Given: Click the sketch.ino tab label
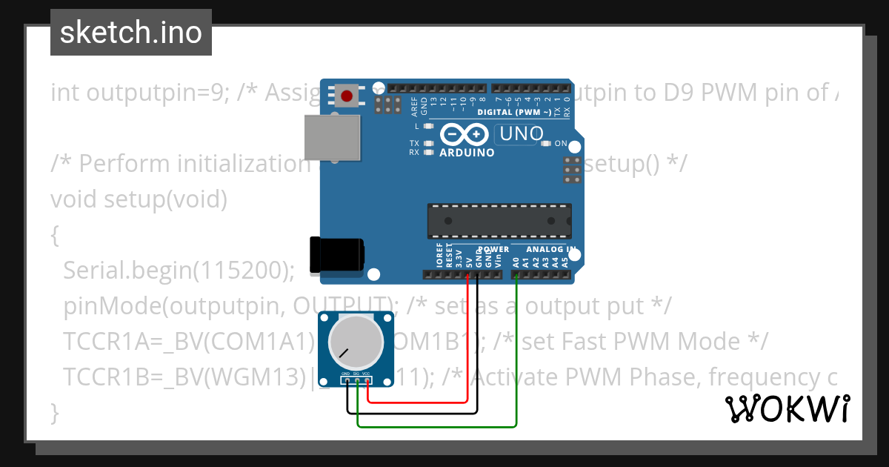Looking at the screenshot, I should click(130, 33).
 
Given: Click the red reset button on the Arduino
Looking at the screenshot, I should click(347, 96).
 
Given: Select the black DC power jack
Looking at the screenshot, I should click(336, 254).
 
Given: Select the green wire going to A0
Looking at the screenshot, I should click(516, 348).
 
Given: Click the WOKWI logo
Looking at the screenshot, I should click(788, 408).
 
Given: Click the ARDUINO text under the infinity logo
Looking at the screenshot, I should click(467, 153).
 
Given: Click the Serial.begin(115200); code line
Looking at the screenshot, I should click(179, 271).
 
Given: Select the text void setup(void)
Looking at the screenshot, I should click(139, 199).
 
